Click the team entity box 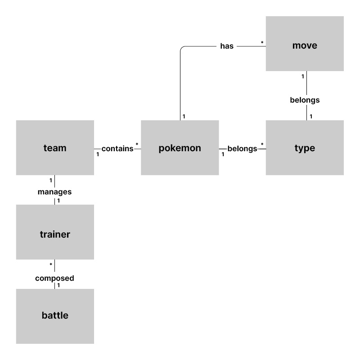pos(55,148)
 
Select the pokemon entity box pos(180,148)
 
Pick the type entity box pos(305,148)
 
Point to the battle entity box pos(55,316)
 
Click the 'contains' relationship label pos(117,148)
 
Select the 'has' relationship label pos(227,46)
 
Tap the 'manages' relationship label pos(54,192)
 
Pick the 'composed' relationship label pos(54,279)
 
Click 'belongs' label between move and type pos(305,100)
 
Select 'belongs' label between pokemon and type pos(242,148)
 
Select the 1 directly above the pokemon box pos(184,117)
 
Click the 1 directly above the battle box pos(58,285)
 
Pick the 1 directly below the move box pos(302,76)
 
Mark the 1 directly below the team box pos(51,180)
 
